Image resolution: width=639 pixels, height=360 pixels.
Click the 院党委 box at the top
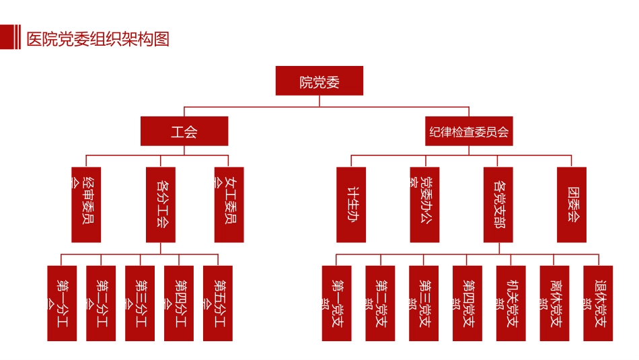coord(319,81)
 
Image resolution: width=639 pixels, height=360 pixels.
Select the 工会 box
coord(184,131)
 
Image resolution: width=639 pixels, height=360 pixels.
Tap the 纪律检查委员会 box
coord(469,131)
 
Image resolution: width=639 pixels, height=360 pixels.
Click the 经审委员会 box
coord(86,205)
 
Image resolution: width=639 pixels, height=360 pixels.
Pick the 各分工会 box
coord(161,205)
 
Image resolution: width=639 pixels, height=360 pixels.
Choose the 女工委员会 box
coord(229,205)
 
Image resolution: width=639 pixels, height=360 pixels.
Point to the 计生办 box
coord(351,205)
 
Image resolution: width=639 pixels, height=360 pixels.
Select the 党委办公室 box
coord(424,205)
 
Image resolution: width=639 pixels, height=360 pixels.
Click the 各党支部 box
coord(498,205)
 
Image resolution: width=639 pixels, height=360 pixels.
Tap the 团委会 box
coord(572,205)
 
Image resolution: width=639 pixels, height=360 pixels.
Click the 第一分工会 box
coord(62,303)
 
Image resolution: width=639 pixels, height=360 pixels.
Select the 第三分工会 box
coord(140,303)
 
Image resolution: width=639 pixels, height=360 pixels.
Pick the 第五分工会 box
coord(218,303)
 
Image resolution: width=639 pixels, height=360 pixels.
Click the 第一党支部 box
coord(336,303)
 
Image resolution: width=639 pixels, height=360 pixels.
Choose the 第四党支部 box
coord(467,303)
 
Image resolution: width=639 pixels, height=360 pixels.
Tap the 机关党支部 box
coord(511,303)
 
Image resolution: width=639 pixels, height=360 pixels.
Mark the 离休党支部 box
coord(555,303)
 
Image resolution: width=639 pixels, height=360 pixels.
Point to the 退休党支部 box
coord(598,303)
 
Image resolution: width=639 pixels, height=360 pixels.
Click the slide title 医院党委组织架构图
coord(98,39)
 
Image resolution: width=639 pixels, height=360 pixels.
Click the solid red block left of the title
coord(6,37)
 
